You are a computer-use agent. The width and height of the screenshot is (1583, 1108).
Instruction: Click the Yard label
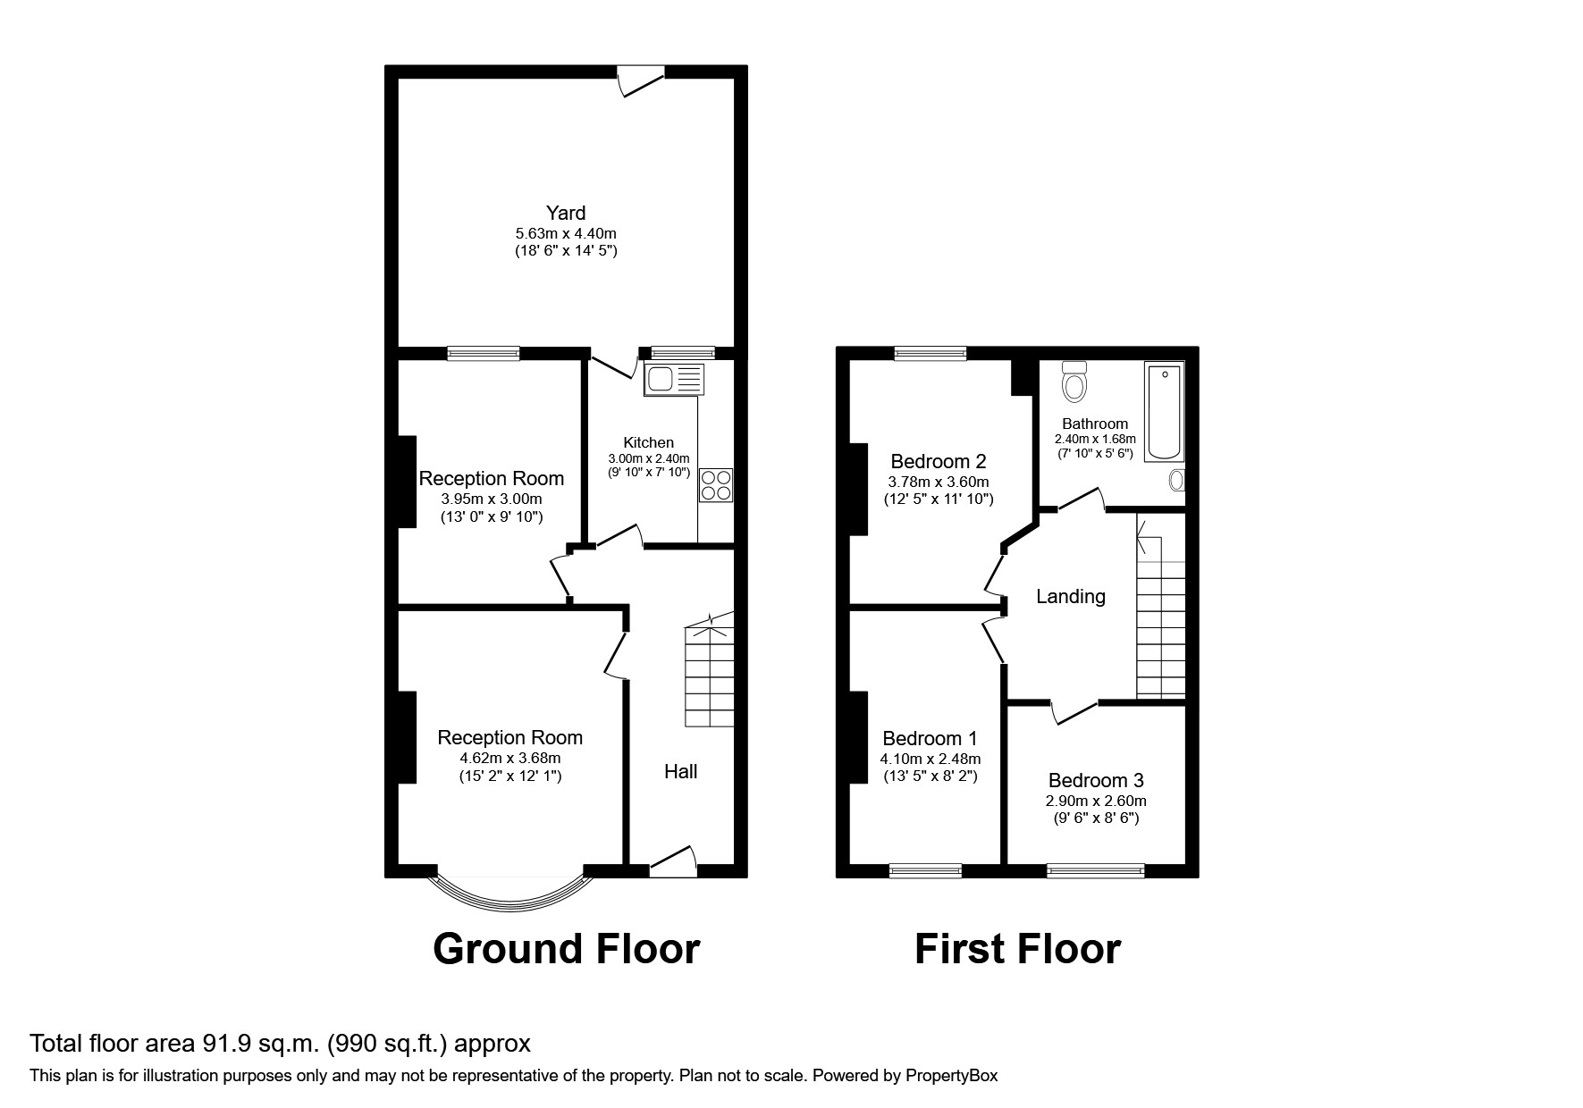click(566, 213)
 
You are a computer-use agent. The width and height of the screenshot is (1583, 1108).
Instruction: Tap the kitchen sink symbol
click(673, 380)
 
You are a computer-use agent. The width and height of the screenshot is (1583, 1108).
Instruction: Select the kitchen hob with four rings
click(716, 485)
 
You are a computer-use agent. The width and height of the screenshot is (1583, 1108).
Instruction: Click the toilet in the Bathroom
click(1074, 382)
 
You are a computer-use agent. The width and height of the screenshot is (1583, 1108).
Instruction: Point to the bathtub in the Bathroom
click(1164, 411)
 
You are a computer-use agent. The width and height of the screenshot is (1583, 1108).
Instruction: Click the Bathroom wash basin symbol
click(1177, 481)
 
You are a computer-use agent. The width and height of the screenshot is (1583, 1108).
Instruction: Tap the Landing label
click(1070, 596)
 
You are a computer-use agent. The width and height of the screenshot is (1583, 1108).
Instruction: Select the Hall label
click(680, 771)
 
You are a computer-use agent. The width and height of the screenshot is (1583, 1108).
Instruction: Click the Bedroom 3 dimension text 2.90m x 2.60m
click(1096, 802)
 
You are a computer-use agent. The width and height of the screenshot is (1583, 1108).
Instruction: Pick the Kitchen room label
click(648, 442)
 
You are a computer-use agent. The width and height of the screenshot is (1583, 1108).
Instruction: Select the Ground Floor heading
click(566, 949)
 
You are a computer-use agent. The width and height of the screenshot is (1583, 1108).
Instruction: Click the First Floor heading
click(1017, 949)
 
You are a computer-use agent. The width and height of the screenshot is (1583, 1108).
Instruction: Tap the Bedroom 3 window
click(1095, 869)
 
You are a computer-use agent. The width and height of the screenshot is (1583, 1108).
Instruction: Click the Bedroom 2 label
click(938, 461)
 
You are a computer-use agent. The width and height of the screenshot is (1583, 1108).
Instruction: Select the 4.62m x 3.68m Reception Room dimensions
click(509, 758)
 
